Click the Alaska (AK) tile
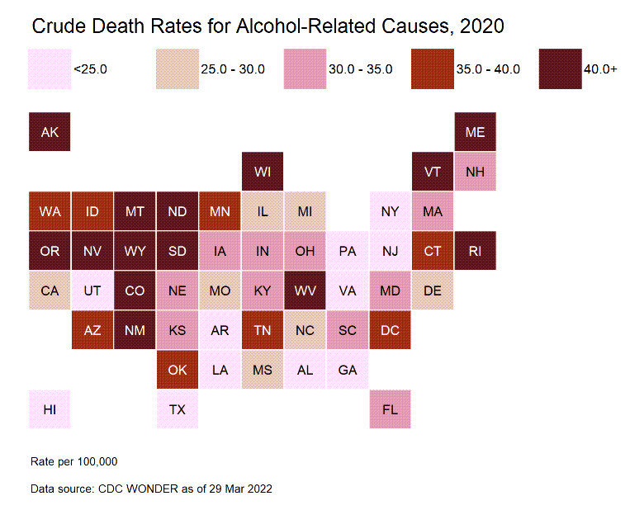coord(50,132)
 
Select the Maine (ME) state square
coord(475,132)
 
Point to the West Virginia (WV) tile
coord(305,290)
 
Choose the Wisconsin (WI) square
coord(263,172)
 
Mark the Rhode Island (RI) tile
coord(475,251)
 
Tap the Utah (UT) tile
coord(92,290)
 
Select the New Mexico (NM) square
coord(135,330)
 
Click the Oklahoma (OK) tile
coord(177,370)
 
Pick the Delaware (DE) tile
coord(433,290)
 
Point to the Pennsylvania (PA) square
coord(348,251)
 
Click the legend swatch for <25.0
coord(49,68)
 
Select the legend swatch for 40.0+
coord(559,68)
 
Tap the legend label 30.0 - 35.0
coord(360,69)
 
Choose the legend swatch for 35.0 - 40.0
coord(432,68)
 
